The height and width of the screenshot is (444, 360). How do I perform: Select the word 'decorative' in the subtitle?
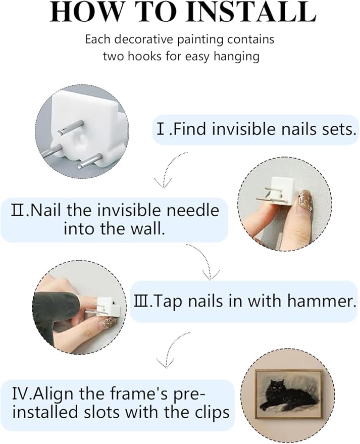point(144,39)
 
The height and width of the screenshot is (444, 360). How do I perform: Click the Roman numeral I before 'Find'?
point(161,129)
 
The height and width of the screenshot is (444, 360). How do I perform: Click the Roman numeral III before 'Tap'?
point(140,301)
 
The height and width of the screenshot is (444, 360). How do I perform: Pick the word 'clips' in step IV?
point(212,413)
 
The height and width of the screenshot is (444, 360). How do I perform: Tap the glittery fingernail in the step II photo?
point(305,200)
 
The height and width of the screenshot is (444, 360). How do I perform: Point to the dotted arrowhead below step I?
point(163,183)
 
